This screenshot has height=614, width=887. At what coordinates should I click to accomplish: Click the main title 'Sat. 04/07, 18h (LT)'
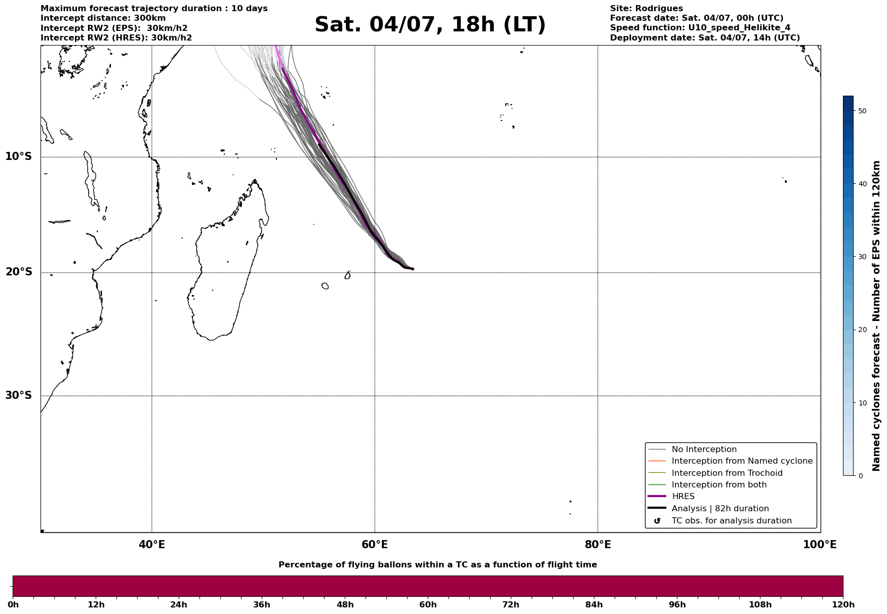(x=430, y=25)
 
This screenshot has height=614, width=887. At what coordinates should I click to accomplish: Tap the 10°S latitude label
(x=18, y=156)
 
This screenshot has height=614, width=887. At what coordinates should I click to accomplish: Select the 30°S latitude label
(x=18, y=395)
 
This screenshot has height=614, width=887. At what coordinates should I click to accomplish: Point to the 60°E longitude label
(x=375, y=545)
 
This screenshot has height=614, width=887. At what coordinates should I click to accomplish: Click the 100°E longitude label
(x=820, y=545)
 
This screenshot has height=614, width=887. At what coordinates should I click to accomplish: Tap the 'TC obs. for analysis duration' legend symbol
(x=657, y=521)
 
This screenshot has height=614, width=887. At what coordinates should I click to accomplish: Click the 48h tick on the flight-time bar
(x=345, y=605)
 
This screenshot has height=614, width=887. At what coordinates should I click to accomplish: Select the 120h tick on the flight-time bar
(x=843, y=605)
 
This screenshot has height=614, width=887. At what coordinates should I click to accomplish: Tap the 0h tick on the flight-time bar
(x=13, y=605)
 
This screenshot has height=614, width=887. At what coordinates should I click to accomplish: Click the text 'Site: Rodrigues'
(x=646, y=9)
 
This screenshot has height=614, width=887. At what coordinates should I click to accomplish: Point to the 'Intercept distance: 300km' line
(x=103, y=18)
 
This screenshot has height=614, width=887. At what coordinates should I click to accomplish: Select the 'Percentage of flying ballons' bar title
(x=437, y=565)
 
